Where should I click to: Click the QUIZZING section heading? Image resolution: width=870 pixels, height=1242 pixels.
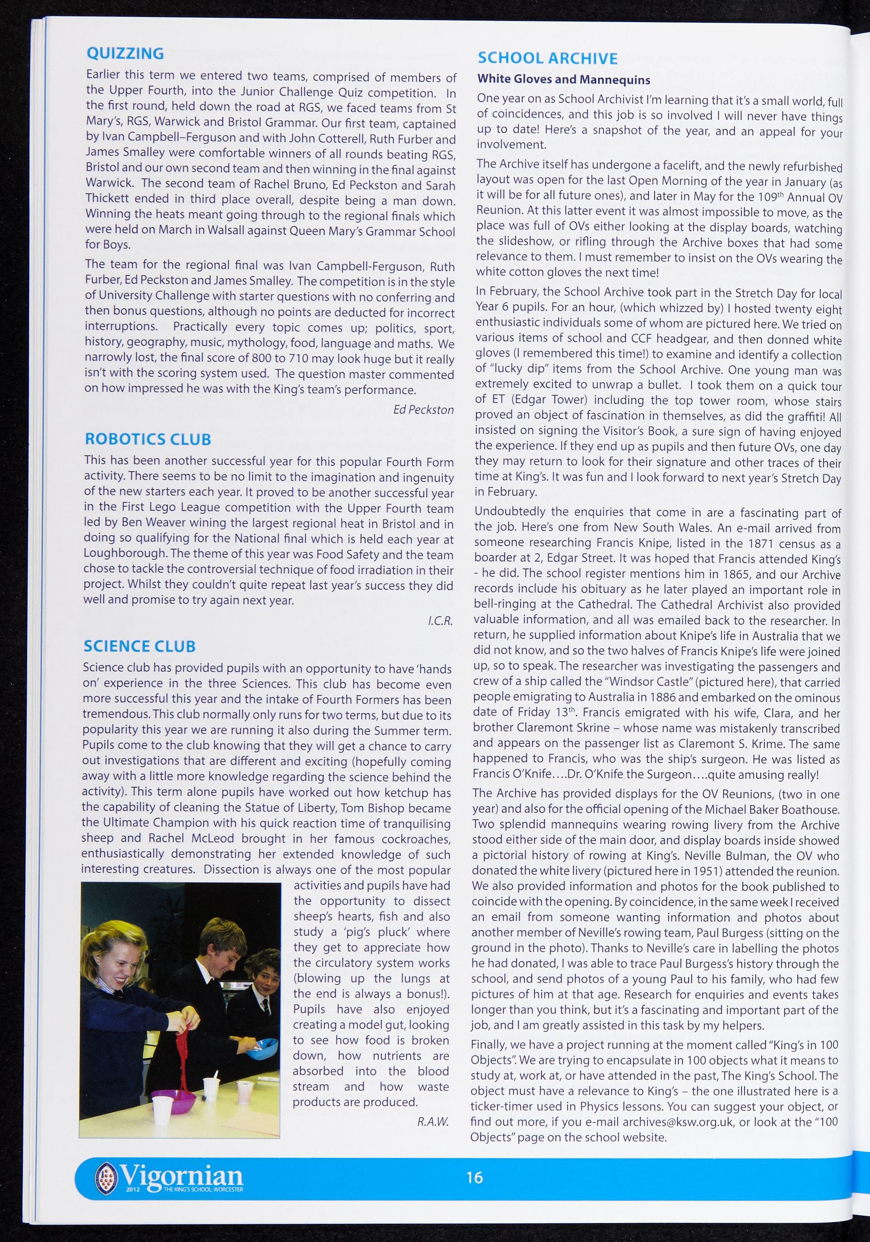pyautogui.click(x=125, y=54)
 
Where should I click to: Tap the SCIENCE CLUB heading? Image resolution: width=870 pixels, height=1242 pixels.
pyautogui.click(x=139, y=646)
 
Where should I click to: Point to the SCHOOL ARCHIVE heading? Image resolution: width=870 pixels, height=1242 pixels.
pyautogui.click(x=547, y=59)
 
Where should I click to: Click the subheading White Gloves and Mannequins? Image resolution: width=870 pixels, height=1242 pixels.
pyautogui.click(x=564, y=79)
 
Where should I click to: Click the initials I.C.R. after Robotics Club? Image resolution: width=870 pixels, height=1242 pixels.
pyautogui.click(x=440, y=621)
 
